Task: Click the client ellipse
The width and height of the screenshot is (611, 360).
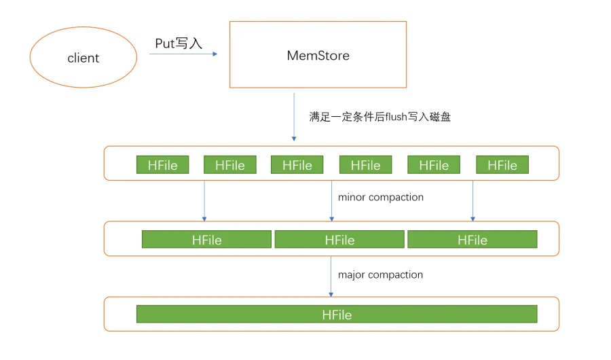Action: (84, 58)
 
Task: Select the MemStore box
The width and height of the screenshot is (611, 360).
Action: (318, 55)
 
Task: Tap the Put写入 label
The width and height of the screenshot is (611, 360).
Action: (179, 43)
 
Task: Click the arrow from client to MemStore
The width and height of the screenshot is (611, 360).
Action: (183, 54)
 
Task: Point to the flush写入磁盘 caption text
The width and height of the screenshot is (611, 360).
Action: (380, 116)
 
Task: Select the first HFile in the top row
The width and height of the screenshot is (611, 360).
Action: (162, 165)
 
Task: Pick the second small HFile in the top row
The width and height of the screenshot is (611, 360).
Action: (230, 165)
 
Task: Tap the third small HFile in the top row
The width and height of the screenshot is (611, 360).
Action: (297, 165)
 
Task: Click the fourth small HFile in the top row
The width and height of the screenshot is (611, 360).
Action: (365, 165)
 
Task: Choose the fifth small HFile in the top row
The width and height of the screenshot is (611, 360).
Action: (434, 165)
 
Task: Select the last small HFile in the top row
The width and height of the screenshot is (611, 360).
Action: (502, 165)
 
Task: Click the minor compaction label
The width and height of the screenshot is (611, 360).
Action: (380, 197)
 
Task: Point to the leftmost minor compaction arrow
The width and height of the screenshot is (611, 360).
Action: (204, 200)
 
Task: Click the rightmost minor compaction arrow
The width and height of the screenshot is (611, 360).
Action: (473, 200)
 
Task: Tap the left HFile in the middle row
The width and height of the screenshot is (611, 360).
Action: (206, 240)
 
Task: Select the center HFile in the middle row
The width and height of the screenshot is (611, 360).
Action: (339, 240)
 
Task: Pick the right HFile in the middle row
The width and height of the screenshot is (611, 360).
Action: (472, 240)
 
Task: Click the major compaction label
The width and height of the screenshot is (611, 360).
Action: (380, 274)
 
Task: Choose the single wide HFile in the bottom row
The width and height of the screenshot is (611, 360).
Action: (337, 314)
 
